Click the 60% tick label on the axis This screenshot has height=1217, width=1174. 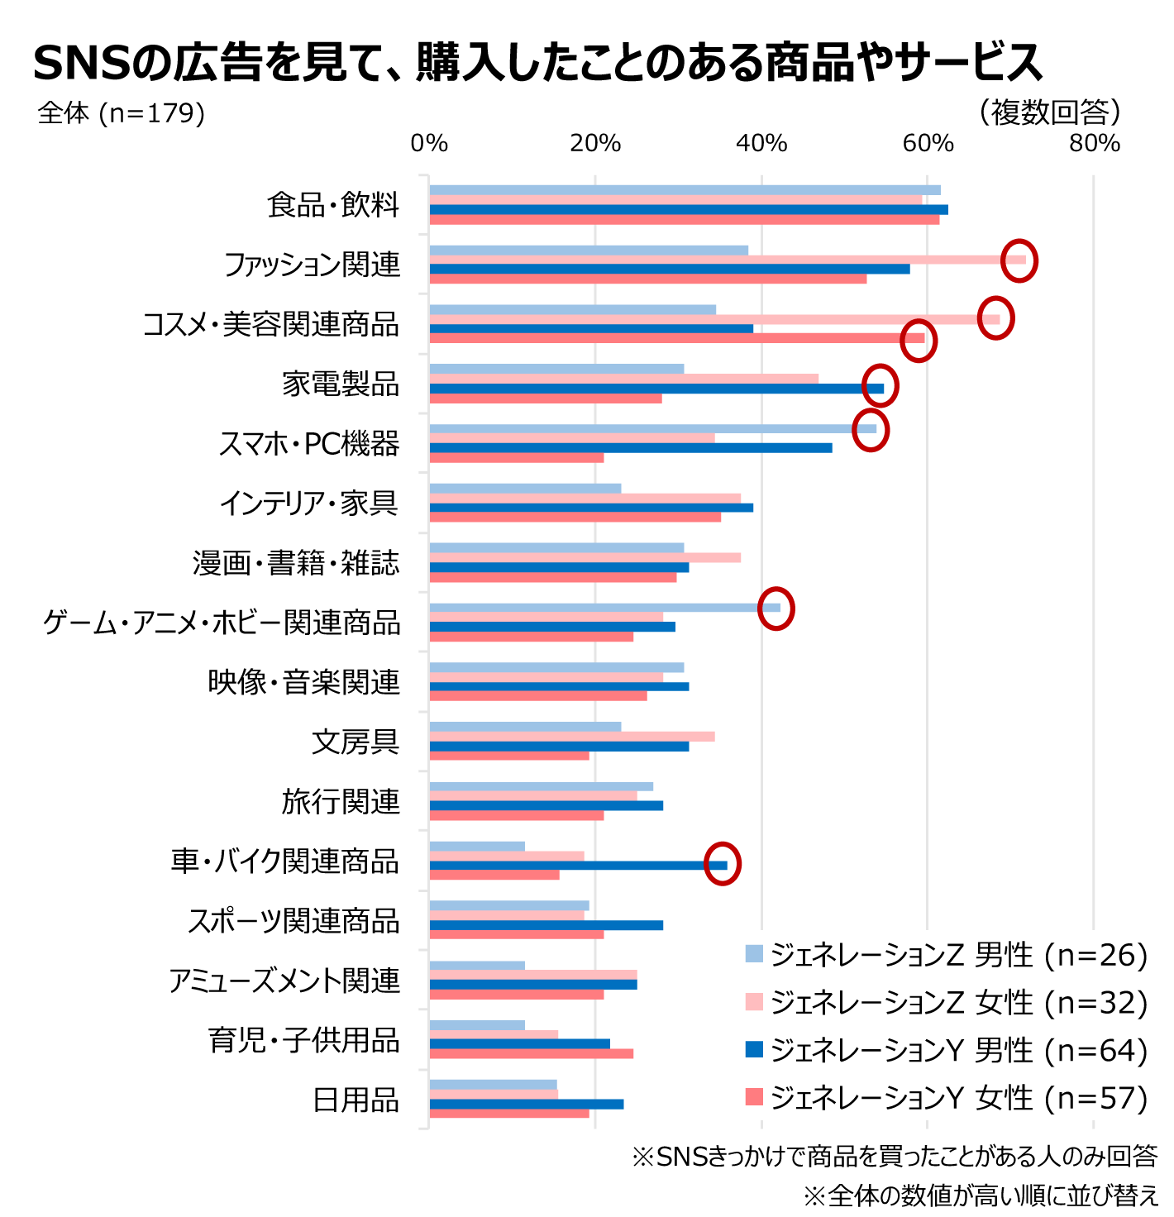click(x=928, y=144)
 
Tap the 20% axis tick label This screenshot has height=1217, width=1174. click(x=594, y=144)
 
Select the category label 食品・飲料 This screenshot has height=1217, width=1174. click(x=333, y=205)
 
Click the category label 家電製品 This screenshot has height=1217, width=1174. click(x=341, y=384)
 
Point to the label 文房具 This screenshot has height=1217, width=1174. click(x=356, y=742)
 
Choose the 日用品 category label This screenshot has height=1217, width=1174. click(x=356, y=1100)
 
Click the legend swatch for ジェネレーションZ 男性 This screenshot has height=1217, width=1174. click(x=754, y=954)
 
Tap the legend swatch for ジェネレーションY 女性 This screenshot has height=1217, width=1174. click(x=754, y=1097)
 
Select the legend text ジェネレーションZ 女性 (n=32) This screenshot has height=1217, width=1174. click(x=959, y=1003)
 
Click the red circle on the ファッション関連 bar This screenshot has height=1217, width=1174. click(x=1019, y=260)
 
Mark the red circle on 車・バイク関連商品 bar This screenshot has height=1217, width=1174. click(x=722, y=864)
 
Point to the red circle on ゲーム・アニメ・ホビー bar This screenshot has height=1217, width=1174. click(x=776, y=608)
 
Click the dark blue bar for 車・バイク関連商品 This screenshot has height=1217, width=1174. click(x=579, y=865)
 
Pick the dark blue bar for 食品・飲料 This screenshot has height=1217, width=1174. click(x=686, y=209)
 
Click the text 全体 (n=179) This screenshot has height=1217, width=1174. click(x=121, y=113)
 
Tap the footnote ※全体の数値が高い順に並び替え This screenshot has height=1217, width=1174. click(x=981, y=1195)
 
